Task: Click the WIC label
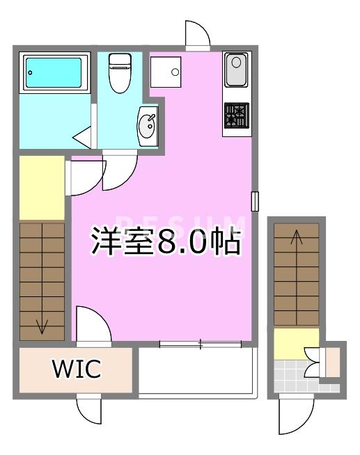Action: tap(77, 369)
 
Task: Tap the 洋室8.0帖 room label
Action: tap(166, 241)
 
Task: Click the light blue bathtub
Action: tap(54, 72)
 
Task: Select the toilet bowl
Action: tap(120, 73)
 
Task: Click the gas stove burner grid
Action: tap(237, 115)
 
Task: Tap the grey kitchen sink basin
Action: tap(236, 70)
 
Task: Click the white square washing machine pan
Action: tap(166, 72)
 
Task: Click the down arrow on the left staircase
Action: tap(42, 327)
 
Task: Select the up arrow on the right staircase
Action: tap(297, 237)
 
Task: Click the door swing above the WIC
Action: tap(93, 324)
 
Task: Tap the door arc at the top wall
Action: tap(198, 33)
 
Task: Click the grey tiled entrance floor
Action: tap(299, 376)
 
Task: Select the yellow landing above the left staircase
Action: tap(42, 188)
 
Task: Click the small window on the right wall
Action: tap(255, 201)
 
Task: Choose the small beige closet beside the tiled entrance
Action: tap(333, 362)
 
